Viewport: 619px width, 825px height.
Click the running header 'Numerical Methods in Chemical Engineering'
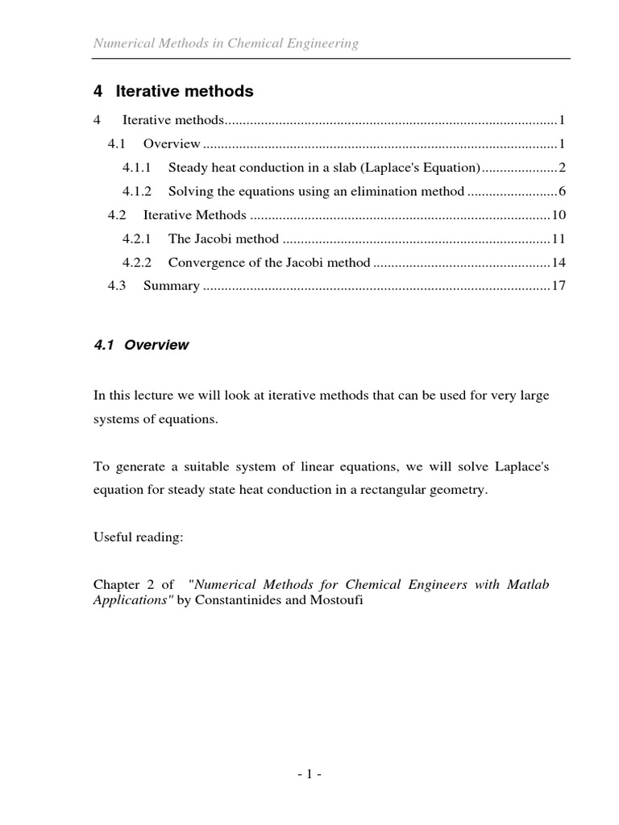[x=226, y=44]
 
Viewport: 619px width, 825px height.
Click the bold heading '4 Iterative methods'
[x=173, y=92]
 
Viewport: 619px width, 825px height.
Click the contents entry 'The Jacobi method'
[x=223, y=238]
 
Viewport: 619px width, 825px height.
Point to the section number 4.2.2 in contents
[x=137, y=263]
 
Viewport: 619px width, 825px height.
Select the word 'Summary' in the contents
[x=171, y=286]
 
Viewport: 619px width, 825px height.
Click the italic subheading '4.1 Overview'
[x=141, y=345]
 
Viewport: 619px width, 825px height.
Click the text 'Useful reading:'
[x=139, y=537]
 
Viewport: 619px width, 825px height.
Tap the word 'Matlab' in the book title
[x=527, y=584]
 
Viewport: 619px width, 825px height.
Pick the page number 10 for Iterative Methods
[x=559, y=215]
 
